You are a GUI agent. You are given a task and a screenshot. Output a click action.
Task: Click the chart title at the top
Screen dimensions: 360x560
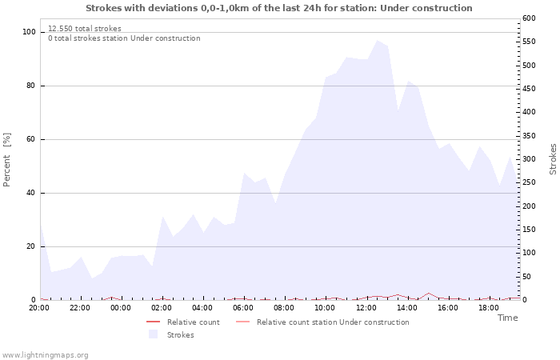(278, 8)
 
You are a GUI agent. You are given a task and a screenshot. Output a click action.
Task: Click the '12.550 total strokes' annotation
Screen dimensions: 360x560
(85, 29)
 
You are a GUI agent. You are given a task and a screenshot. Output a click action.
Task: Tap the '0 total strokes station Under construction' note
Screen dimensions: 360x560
(124, 38)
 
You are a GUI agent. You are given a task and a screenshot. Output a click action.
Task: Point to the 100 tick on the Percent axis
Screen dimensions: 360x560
(29, 32)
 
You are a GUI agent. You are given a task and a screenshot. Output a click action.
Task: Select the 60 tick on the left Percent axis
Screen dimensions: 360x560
(30, 139)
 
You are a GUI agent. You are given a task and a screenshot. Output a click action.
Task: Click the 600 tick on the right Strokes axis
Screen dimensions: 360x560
(530, 18)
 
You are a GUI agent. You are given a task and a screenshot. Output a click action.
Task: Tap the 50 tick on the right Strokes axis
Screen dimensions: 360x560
(527, 277)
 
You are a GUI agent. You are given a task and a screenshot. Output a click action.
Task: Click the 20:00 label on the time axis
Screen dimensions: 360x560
(39, 307)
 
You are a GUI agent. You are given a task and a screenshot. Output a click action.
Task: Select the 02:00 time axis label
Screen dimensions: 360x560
(162, 307)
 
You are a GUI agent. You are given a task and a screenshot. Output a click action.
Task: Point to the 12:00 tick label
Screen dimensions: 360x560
(366, 307)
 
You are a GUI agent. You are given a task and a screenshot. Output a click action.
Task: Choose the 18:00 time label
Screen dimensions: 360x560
(488, 307)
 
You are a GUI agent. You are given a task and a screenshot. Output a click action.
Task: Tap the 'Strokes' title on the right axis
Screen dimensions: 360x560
(553, 159)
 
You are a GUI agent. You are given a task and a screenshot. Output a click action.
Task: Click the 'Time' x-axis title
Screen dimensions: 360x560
(507, 318)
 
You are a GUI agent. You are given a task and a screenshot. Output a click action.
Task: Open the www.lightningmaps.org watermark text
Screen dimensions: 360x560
(46, 355)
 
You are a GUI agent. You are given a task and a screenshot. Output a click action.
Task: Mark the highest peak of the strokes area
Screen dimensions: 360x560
(377, 40)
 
